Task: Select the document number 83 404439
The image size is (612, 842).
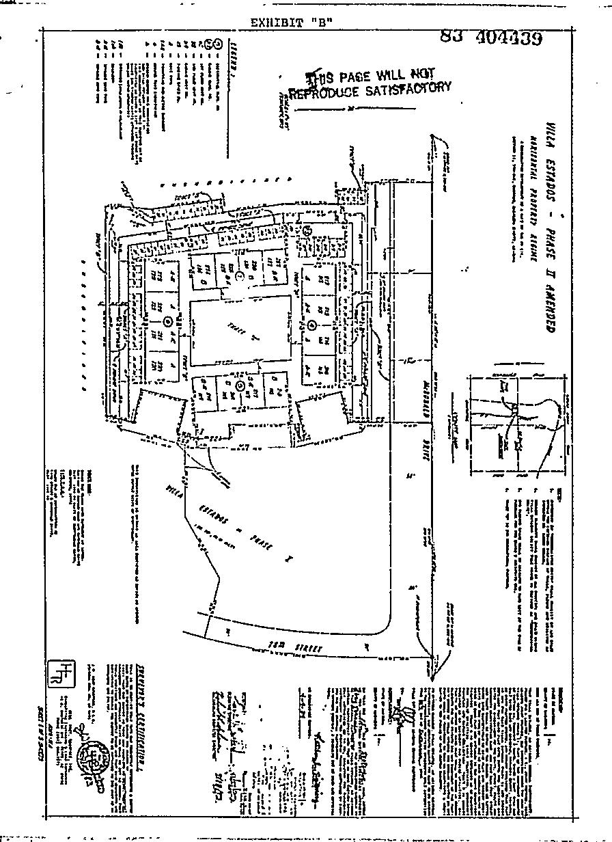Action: click(491, 38)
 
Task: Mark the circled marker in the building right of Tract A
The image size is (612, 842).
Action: click(311, 324)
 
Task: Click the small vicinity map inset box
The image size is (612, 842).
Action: click(516, 423)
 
